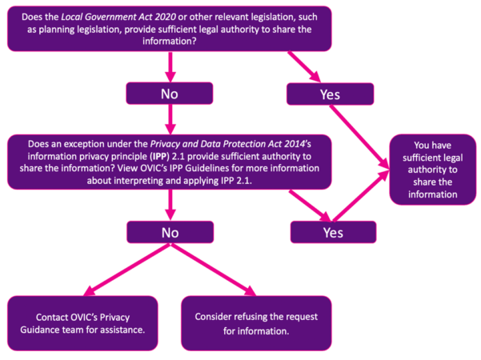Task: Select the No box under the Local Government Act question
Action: click(x=168, y=94)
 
